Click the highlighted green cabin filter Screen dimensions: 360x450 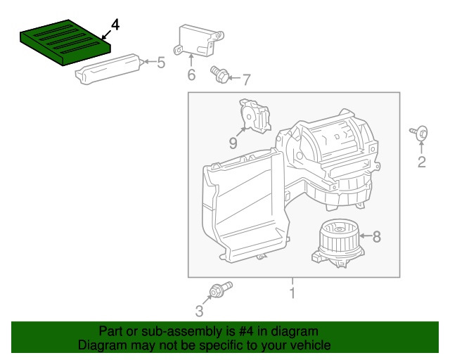point(65,44)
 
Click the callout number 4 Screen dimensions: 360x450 point(115,25)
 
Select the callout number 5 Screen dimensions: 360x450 point(161,63)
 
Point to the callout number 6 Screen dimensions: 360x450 point(191,75)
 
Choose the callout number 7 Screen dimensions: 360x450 point(246,79)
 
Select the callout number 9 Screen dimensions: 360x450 point(233,143)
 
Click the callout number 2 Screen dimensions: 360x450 point(422,163)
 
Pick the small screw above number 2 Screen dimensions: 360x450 point(420,132)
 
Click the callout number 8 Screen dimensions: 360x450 point(376,237)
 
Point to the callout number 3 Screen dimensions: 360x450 point(199,311)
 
